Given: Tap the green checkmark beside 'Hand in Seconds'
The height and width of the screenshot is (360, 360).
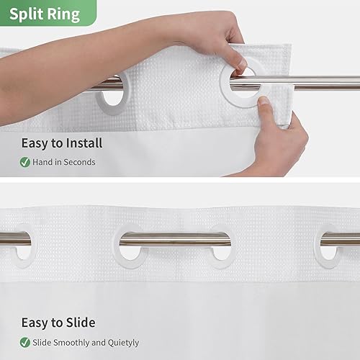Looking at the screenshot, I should (25, 162).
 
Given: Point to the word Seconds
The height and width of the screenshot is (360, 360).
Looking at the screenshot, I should (79, 162).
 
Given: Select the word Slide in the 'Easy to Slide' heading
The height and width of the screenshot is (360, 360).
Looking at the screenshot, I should (79, 323).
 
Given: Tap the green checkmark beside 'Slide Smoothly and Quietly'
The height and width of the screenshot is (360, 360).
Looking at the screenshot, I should (25, 342).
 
